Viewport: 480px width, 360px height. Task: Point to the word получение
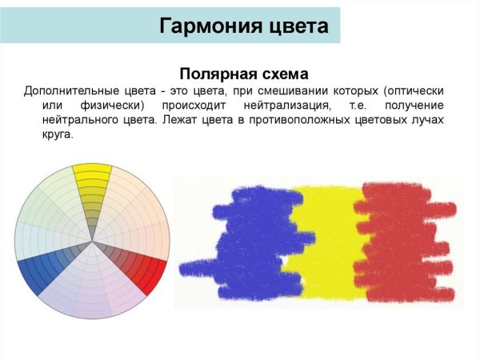point(414,105)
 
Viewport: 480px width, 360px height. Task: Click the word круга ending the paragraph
point(57,135)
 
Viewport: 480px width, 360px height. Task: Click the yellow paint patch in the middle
point(324,240)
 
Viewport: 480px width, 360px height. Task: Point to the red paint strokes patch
point(404,240)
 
